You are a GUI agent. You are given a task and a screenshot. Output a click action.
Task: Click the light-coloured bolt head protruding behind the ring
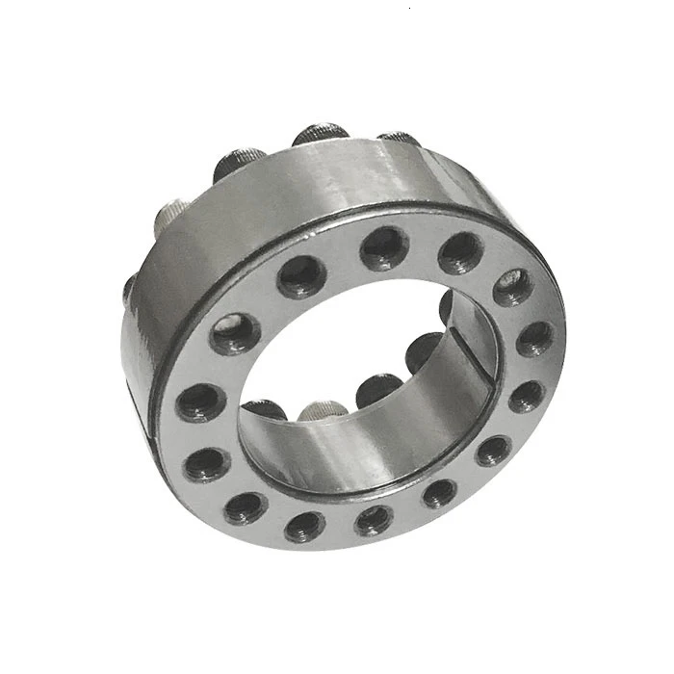[171, 217]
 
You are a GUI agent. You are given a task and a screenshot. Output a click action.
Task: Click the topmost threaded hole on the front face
[385, 248]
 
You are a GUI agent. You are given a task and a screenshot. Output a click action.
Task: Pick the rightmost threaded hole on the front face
[534, 338]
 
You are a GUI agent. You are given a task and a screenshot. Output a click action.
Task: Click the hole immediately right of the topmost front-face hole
[460, 253]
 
